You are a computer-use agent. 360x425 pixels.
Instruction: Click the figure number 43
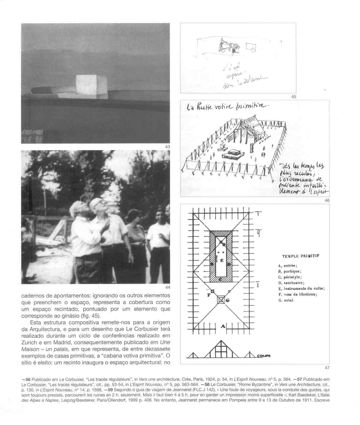coord(167,147)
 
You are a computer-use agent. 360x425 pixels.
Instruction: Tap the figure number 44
coord(167,287)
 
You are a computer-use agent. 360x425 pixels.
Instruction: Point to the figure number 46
coord(327,201)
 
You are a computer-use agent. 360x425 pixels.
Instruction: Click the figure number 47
coord(327,368)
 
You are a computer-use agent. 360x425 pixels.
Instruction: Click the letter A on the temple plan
coord(222,327)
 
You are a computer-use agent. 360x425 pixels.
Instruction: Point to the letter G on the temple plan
coord(228,300)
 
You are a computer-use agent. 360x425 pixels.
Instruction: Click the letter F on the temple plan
coord(209,295)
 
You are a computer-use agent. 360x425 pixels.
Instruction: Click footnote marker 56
coord(28,380)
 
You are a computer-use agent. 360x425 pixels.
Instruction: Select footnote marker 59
coord(110,389)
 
